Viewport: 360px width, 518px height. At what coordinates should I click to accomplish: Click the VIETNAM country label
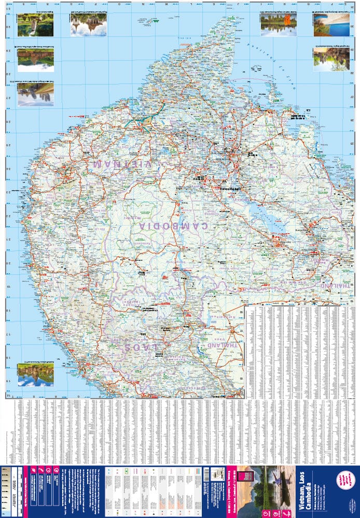(x=122, y=164)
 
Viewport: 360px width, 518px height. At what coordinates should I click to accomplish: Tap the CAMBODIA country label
(x=174, y=226)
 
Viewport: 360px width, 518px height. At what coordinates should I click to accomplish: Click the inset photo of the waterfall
(x=35, y=25)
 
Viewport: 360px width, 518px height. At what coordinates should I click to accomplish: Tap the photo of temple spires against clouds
(x=88, y=25)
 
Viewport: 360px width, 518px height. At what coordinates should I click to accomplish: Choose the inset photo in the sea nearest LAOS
(x=35, y=374)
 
